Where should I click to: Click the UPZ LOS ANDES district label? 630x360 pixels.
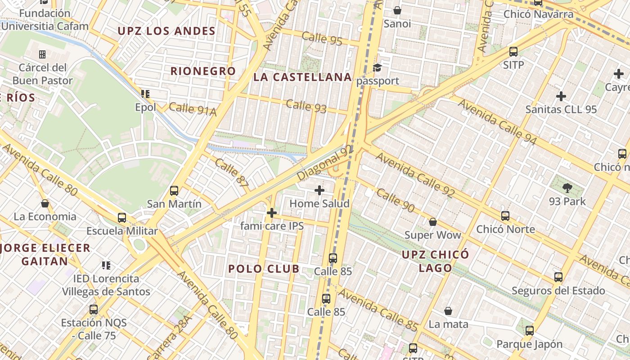[166, 31]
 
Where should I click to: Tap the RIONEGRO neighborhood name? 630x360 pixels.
[203, 71]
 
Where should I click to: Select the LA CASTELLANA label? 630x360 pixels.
[302, 77]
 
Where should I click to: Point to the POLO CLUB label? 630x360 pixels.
[264, 269]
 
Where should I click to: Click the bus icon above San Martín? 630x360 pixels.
[174, 191]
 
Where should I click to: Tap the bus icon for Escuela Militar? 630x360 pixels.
[122, 218]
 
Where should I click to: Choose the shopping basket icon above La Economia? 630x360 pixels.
[45, 203]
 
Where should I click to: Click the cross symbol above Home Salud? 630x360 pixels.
[319, 191]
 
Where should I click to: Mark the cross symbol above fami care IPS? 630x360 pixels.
[271, 213]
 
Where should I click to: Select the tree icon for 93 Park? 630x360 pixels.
[567, 188]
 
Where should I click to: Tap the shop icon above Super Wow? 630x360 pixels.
[433, 222]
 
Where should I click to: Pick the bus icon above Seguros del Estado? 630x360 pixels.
[558, 277]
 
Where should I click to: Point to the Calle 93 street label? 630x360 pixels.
[306, 107]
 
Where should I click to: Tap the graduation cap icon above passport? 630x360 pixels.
[378, 68]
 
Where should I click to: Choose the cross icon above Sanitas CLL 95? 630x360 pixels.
[561, 96]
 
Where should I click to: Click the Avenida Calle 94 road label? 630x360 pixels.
[497, 122]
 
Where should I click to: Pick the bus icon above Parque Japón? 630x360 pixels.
[530, 331]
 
